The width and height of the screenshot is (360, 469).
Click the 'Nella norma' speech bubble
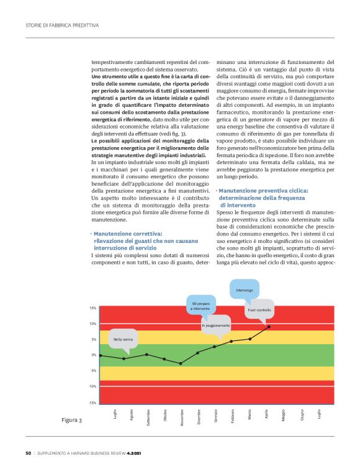[x=123, y=339]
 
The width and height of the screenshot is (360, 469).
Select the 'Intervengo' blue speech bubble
[x=244, y=291]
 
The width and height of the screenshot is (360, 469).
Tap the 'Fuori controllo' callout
[x=259, y=309]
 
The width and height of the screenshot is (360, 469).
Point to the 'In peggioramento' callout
[x=215, y=326]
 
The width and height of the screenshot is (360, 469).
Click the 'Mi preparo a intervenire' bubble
[x=201, y=306]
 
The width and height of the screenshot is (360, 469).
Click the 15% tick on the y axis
[x=92, y=308]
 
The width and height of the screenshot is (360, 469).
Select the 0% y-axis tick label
[x=93, y=355]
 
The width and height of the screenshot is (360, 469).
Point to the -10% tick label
[x=92, y=386]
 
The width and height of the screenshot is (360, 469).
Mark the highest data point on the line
[x=268, y=326]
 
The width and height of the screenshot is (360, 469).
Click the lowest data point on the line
[x=181, y=363]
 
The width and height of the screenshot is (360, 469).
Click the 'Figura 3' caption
[x=71, y=421]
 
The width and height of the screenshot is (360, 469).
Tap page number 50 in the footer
[x=28, y=452]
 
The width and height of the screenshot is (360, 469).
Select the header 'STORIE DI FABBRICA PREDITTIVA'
[x=63, y=25]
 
